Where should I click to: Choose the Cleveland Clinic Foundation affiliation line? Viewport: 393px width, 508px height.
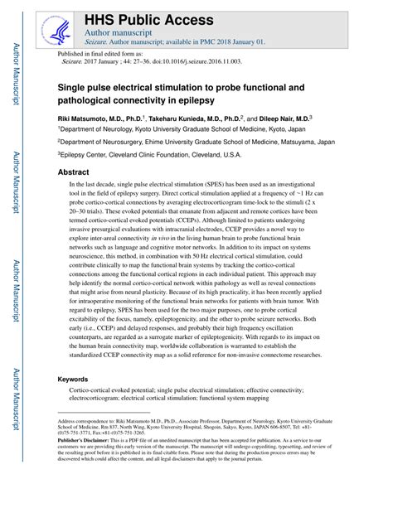(x=150, y=153)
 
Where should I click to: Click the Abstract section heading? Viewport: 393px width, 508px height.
(x=72, y=172)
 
